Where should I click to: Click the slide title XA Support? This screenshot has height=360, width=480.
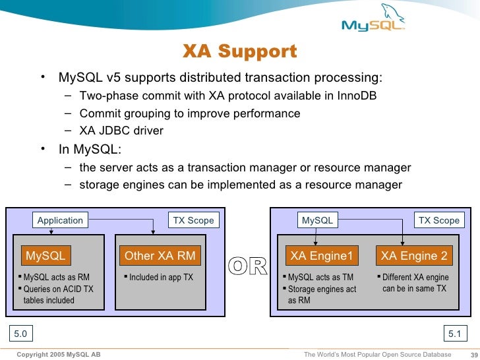[239, 51]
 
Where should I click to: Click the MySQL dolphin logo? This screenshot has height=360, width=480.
[373, 20]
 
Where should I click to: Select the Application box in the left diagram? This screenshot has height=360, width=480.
[60, 220]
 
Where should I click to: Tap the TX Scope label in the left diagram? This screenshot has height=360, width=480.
[193, 220]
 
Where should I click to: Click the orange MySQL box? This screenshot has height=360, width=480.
[45, 256]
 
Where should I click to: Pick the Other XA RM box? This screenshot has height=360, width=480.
[160, 256]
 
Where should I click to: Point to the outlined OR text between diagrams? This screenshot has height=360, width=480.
[248, 266]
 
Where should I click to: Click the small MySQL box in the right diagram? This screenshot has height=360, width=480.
[317, 220]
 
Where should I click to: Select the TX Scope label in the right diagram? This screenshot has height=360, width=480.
[438, 220]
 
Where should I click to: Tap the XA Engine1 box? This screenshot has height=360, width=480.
[322, 256]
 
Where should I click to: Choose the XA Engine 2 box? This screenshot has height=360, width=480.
[414, 256]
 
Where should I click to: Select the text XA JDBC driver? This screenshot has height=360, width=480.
[121, 131]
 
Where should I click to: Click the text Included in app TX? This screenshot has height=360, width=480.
[161, 278]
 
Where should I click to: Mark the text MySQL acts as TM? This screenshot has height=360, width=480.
[320, 278]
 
